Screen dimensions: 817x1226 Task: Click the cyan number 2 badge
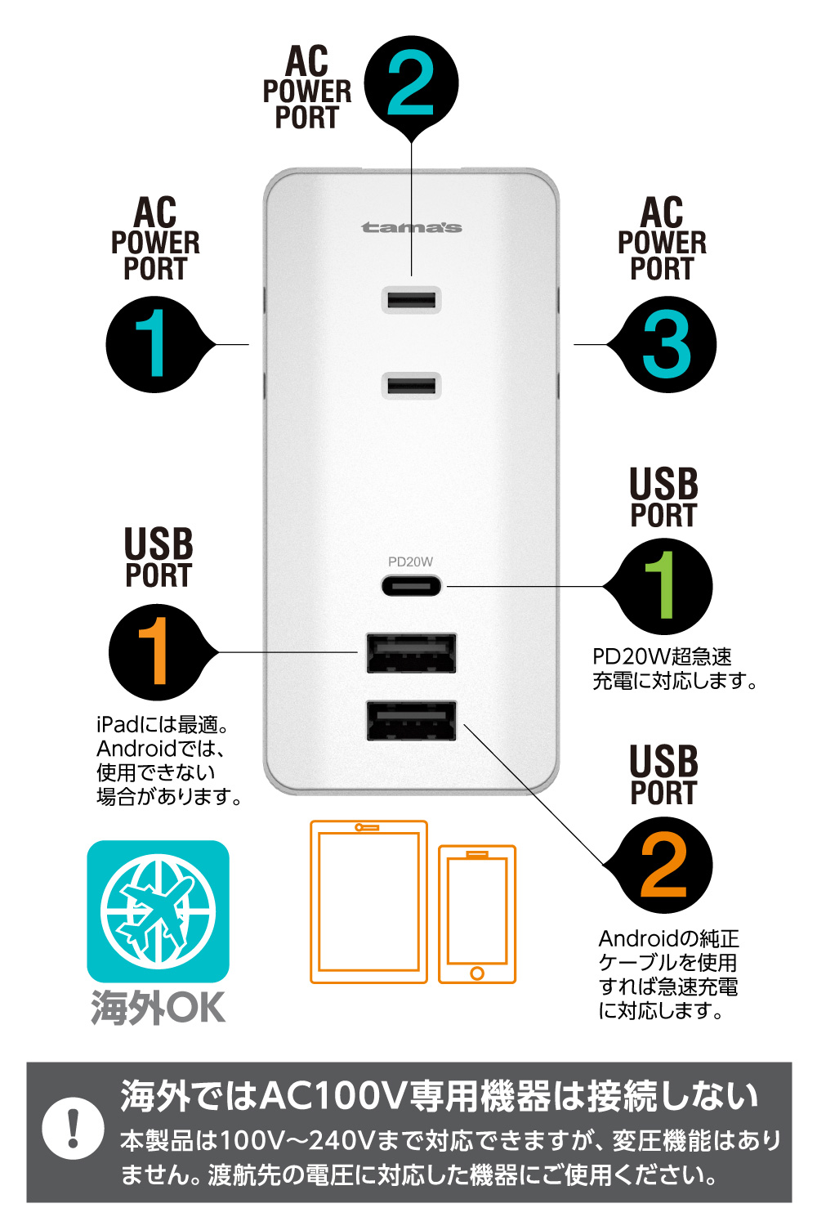coord(412,83)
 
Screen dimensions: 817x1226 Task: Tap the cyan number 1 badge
coord(155,344)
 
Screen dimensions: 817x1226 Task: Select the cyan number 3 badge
coord(667,344)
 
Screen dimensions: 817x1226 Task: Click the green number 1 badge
coord(663,586)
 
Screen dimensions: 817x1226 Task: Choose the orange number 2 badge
coord(663,865)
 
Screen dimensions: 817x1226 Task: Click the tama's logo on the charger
coord(411,227)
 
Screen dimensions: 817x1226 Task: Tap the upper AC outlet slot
coord(412,300)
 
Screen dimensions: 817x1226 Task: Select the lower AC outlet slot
coord(412,386)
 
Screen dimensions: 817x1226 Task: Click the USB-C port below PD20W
coord(411,586)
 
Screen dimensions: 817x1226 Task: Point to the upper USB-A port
coord(411,653)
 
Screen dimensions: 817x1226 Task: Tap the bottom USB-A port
coord(411,721)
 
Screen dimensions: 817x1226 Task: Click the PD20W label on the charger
coord(410,562)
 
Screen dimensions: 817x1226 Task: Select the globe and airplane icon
coord(158,912)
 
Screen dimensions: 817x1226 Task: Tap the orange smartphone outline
coord(477,914)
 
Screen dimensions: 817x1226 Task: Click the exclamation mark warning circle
coord(74,1129)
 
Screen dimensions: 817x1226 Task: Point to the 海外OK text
coord(158,1008)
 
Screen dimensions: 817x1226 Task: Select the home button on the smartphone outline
coord(477,973)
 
